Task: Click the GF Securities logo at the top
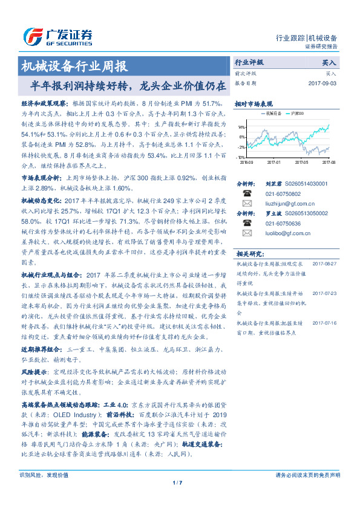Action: click(58, 37)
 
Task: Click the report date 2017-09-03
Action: click(321, 83)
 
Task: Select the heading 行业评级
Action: click(249, 62)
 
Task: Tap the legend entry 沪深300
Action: click(298, 113)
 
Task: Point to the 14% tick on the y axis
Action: click(241, 128)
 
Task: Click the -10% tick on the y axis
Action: click(241, 157)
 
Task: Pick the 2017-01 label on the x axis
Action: click(274, 163)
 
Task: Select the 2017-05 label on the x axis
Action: click(303, 163)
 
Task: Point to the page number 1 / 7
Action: click(177, 499)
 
